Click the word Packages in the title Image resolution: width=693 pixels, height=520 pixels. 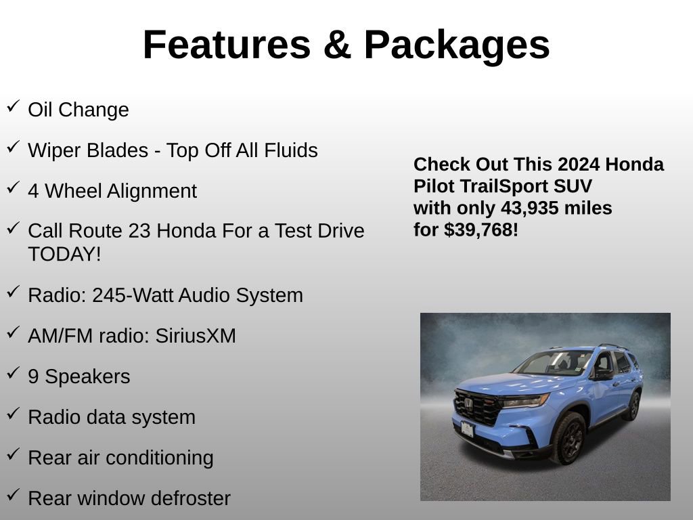tap(457, 45)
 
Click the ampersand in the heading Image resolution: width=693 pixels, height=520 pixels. tap(336, 45)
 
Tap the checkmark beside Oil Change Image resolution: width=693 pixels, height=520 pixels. tap(13, 106)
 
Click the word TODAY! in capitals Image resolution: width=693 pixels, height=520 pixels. tap(64, 255)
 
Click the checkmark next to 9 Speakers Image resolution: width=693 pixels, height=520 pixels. tap(13, 373)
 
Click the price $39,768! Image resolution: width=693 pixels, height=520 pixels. tap(481, 230)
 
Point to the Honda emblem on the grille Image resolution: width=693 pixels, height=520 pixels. tap(468, 404)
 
